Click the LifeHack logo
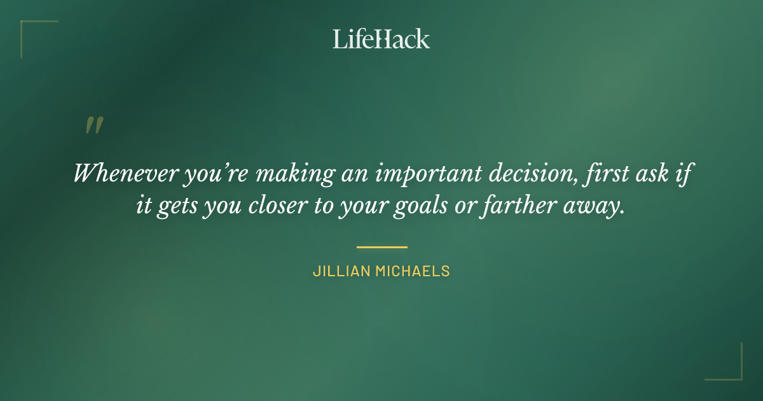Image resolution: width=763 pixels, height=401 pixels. click(381, 39)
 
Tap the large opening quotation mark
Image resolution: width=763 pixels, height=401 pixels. click(94, 125)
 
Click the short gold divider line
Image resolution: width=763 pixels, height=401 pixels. click(381, 247)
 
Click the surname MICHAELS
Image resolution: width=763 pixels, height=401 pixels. click(413, 271)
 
